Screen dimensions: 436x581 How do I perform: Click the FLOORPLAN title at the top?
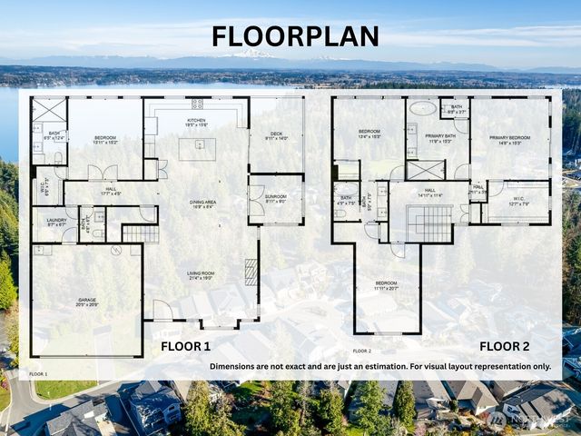click(295, 36)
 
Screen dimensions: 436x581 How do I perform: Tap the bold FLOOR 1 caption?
click(185, 346)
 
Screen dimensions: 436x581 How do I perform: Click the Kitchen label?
click(196, 122)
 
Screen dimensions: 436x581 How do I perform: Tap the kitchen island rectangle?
click(197, 149)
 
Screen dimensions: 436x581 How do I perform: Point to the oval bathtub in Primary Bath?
click(422, 108)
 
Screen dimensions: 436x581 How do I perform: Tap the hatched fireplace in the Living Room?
click(251, 272)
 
